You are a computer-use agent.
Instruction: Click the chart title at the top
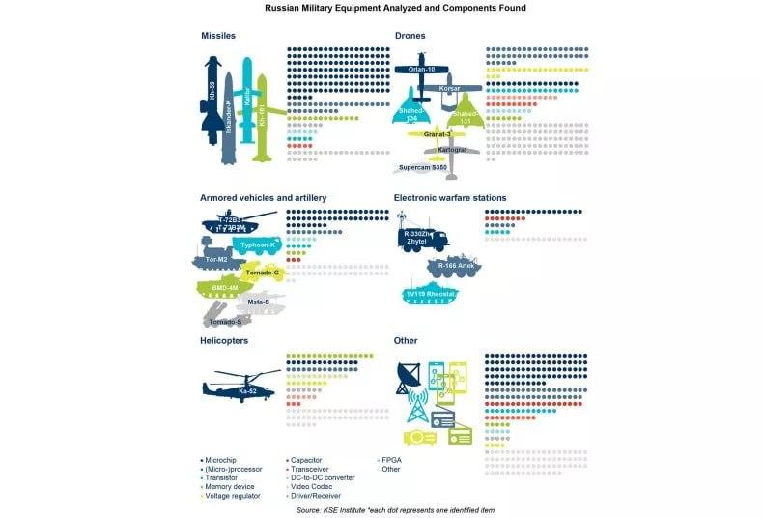[x=381, y=8]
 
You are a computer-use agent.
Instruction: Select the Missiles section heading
[x=218, y=36]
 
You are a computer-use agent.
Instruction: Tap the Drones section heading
[x=410, y=36]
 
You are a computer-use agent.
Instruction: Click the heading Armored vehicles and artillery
[x=263, y=197]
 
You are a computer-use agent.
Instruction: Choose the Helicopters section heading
[x=224, y=341]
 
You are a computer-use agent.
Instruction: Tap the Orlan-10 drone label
[x=422, y=69]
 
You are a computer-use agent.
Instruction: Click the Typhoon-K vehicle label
[x=258, y=245]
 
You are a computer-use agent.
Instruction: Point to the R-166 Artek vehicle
[x=453, y=265]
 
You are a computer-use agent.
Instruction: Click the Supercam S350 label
[x=425, y=167]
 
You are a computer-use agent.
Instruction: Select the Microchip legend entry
[x=221, y=460]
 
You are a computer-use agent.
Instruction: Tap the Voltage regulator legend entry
[x=233, y=495]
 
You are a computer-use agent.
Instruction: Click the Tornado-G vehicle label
[x=262, y=273]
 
